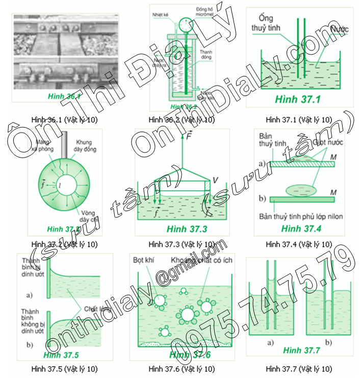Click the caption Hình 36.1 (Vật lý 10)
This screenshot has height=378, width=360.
(x=64, y=120)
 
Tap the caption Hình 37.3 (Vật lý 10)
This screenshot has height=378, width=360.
(x=182, y=244)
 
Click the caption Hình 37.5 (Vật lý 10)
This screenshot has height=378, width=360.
(x=64, y=368)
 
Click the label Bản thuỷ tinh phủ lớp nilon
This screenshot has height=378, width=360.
(x=301, y=216)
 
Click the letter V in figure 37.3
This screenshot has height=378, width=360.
(x=215, y=180)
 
